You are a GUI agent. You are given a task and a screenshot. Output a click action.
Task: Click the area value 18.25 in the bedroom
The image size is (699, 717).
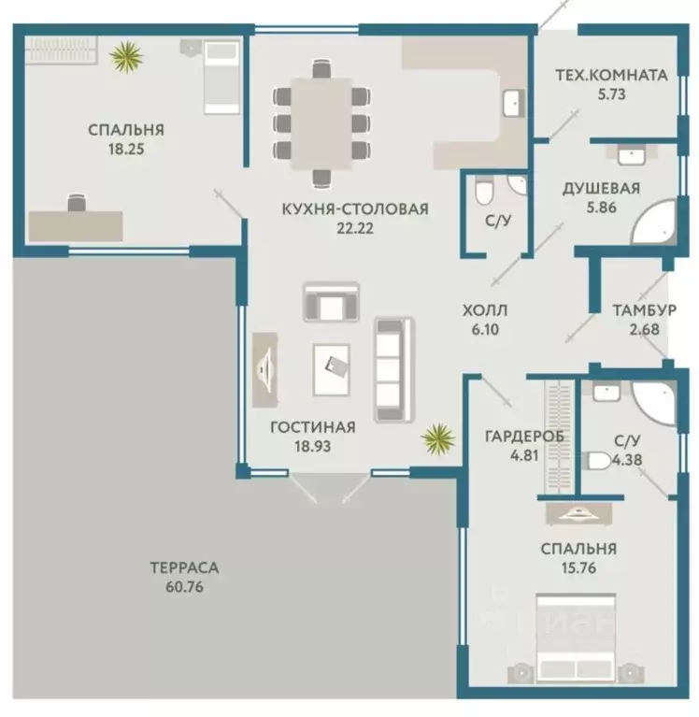[126, 149]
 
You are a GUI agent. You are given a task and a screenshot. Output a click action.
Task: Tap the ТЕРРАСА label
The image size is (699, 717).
[184, 567]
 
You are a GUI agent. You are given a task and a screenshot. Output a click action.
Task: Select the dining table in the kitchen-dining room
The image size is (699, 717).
[321, 123]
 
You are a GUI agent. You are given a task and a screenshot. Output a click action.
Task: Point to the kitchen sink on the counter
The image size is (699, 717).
[514, 104]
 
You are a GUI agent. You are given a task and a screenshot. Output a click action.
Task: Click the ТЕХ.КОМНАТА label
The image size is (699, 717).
[612, 75]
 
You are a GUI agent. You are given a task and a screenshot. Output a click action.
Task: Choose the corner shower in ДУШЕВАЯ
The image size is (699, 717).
[654, 222]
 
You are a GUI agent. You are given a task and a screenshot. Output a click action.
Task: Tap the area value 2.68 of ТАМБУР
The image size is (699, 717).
[644, 329]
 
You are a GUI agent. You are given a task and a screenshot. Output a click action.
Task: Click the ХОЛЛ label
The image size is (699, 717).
[485, 310]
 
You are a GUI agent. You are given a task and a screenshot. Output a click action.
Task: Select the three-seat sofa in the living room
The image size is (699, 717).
[393, 369]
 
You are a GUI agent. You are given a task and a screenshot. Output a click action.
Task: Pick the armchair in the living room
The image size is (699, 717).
[331, 302]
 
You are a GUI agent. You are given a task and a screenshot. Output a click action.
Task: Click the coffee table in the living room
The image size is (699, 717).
[332, 370]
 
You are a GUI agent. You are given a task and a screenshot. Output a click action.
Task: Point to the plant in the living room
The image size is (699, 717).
[438, 439]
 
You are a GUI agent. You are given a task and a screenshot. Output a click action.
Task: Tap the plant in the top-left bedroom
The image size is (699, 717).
[126, 57]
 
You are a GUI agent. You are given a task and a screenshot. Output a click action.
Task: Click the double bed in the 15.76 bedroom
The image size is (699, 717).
[576, 638]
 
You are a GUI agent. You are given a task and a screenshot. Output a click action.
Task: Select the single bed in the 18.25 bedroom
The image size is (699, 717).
[221, 78]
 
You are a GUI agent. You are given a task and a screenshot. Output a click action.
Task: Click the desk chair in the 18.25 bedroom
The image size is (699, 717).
[77, 203]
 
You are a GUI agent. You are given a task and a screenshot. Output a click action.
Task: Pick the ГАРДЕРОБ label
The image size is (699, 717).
[524, 437]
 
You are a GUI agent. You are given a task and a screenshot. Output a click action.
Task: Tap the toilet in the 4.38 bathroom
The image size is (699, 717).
[600, 462]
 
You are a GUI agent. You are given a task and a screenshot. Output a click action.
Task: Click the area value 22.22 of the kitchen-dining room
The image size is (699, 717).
[355, 228]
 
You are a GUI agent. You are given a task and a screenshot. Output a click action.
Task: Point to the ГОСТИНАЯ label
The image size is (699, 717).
[313, 427]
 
